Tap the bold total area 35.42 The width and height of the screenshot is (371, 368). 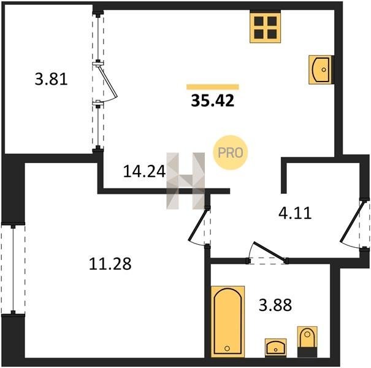click(x=212, y=101)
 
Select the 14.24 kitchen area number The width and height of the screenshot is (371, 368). click(x=144, y=171)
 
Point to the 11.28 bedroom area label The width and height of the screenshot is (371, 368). click(x=110, y=264)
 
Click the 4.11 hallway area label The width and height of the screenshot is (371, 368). click(x=295, y=213)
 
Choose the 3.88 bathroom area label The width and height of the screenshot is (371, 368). click(x=275, y=305)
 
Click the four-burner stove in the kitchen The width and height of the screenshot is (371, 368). click(x=266, y=28)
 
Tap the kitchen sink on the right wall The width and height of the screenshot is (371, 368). click(x=321, y=69)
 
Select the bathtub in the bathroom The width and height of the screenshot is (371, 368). click(x=228, y=321)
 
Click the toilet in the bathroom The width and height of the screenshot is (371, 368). click(x=307, y=342)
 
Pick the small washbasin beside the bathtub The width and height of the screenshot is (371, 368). click(x=276, y=347)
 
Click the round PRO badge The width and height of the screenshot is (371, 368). click(x=230, y=152)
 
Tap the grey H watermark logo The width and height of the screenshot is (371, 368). click(x=185, y=181)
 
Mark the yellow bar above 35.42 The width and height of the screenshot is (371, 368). click(x=213, y=87)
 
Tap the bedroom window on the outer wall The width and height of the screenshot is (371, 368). click(x=13, y=269)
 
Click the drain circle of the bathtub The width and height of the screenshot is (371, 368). click(x=227, y=348)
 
